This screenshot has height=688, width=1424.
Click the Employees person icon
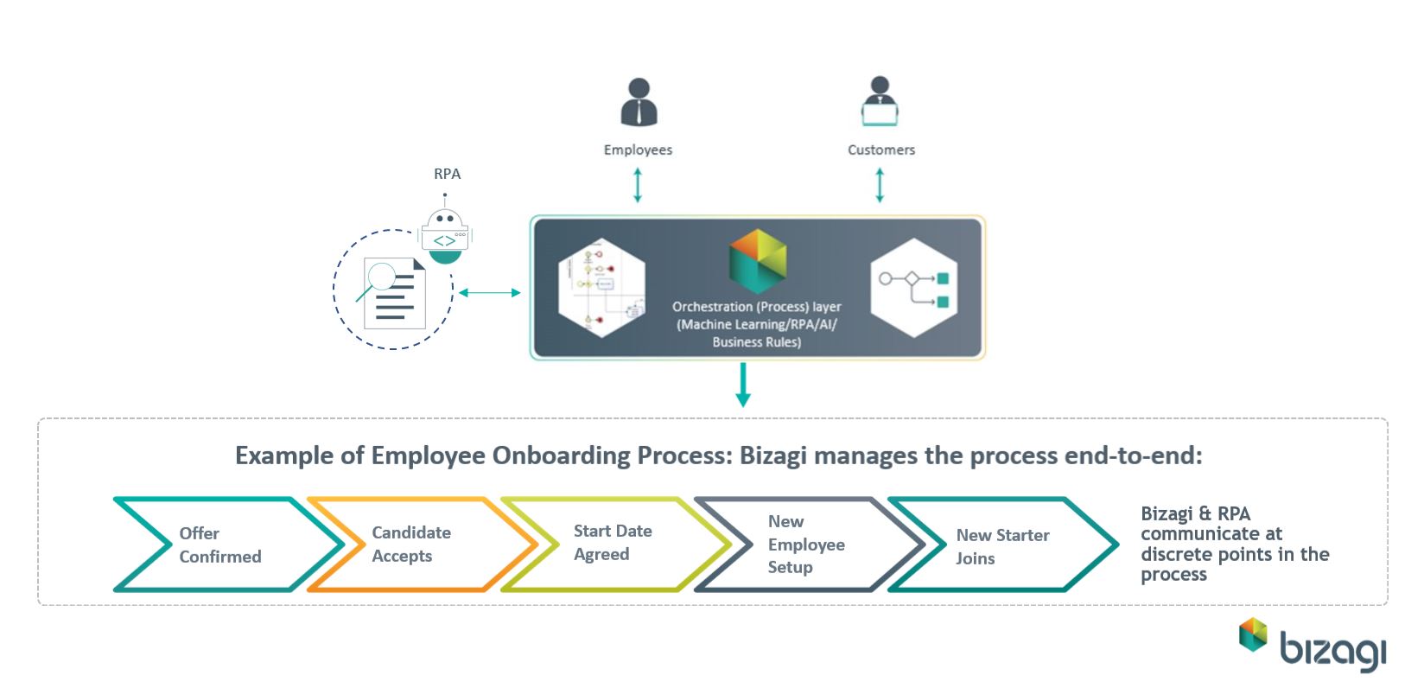(x=639, y=103)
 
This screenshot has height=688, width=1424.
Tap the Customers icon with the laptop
(x=880, y=103)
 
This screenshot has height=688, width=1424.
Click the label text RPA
(x=447, y=174)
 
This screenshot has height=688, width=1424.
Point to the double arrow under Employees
(x=638, y=185)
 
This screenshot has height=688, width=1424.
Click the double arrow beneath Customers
(x=880, y=185)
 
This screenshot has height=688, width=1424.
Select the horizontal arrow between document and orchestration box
(x=489, y=293)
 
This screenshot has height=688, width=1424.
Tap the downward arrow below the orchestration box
(x=742, y=385)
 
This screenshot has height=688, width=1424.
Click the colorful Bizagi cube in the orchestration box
(x=758, y=261)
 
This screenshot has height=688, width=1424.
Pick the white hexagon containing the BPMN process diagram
(x=601, y=283)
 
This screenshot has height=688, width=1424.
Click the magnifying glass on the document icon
(x=378, y=278)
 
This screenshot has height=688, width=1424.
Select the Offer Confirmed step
(x=219, y=545)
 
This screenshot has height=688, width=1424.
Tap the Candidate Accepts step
(x=411, y=545)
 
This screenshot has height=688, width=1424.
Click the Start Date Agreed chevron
(x=612, y=543)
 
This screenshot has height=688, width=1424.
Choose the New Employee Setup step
(x=805, y=545)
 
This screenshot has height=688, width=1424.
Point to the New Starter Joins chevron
(x=1001, y=546)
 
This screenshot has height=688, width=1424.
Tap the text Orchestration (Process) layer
(x=757, y=307)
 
